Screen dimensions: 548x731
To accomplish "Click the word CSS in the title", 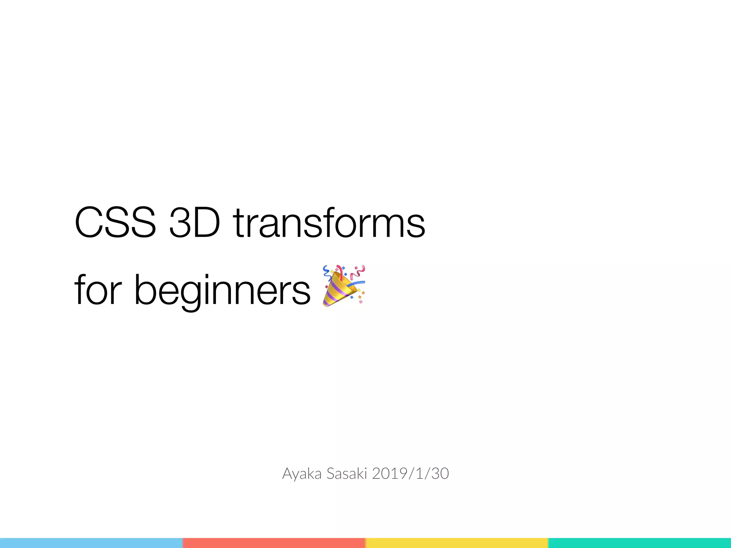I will point(115,222).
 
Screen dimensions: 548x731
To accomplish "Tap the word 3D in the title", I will point(194,222).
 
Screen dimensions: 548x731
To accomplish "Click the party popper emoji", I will point(343,285).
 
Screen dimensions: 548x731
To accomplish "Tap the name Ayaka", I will point(302,474).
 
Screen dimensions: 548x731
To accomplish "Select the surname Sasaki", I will point(347,474).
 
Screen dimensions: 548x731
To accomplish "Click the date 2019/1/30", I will point(410,474).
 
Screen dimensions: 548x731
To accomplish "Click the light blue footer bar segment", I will point(91,543).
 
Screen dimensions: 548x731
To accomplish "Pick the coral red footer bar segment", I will point(274,543).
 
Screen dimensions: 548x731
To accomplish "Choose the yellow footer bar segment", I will point(457,543).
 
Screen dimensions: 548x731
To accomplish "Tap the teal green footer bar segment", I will point(640,543).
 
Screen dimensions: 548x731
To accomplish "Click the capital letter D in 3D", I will point(206,222).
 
